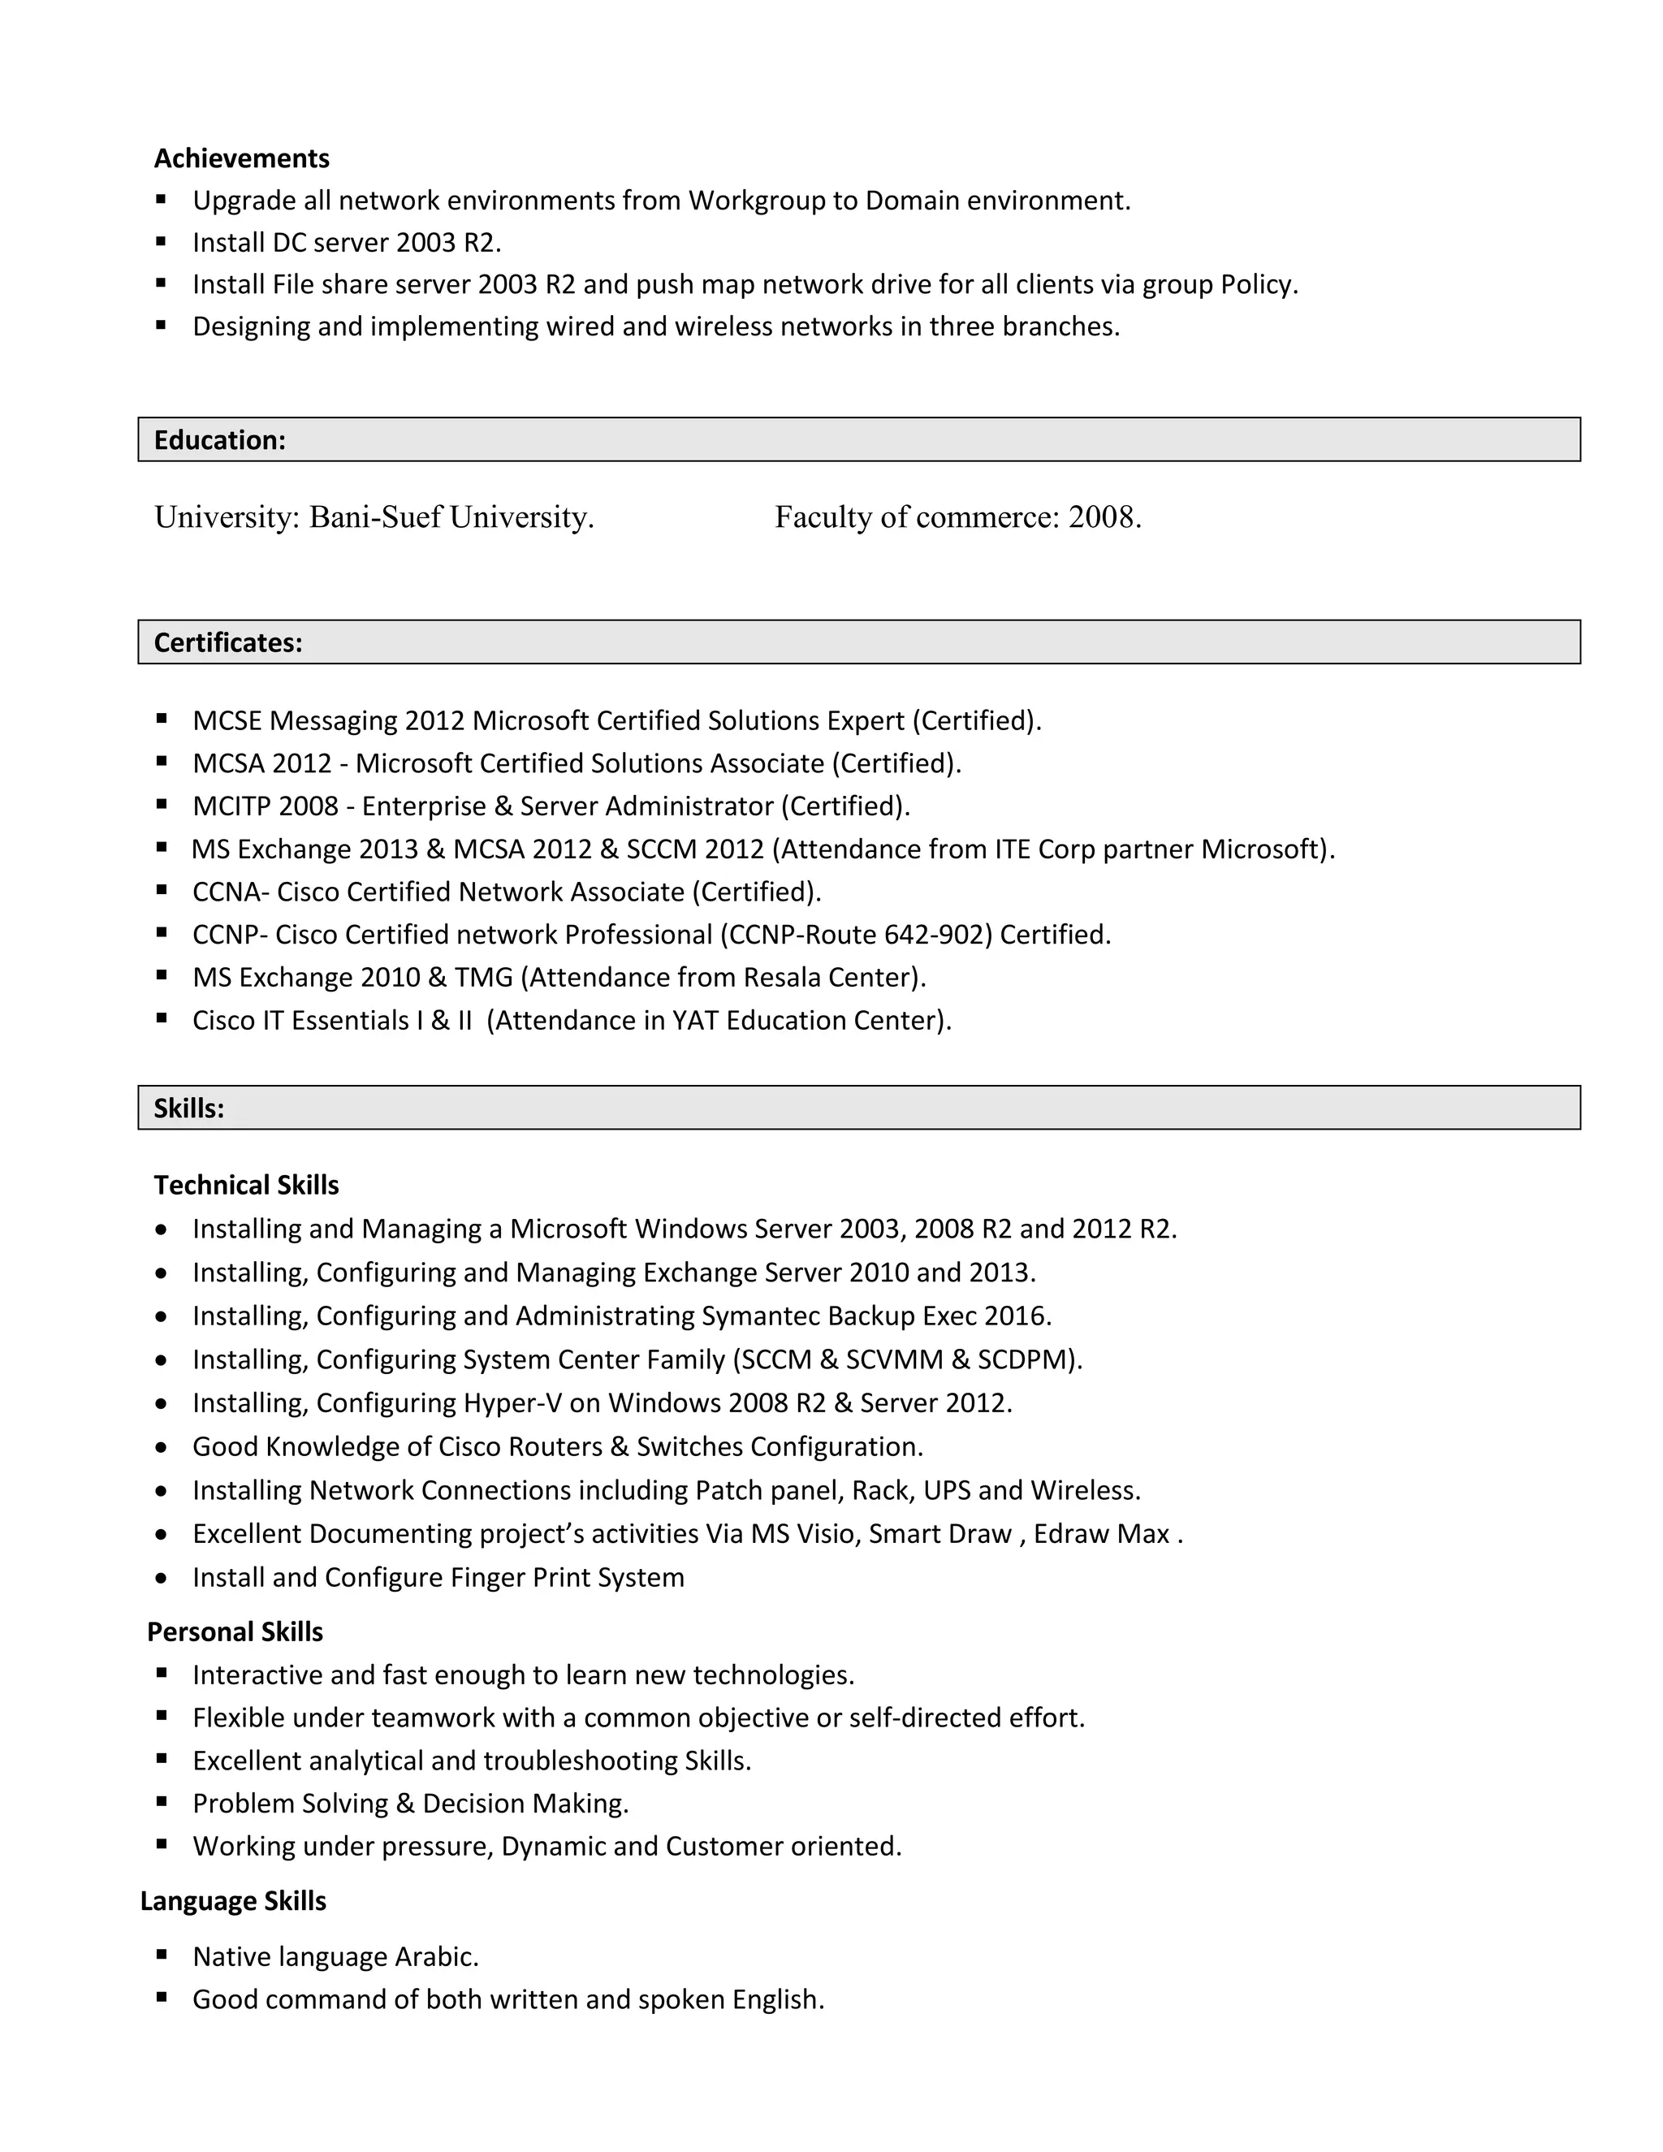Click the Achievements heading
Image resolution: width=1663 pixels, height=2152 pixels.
pyautogui.click(x=241, y=158)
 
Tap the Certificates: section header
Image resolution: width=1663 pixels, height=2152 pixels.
pyautogui.click(x=227, y=642)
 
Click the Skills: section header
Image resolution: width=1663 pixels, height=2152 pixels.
pyautogui.click(x=189, y=1108)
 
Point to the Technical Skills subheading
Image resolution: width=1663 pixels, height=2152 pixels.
pyautogui.click(x=246, y=1186)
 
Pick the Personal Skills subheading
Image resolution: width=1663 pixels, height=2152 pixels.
pyautogui.click(x=235, y=1631)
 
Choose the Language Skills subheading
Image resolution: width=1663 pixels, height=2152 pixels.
pyautogui.click(x=232, y=1901)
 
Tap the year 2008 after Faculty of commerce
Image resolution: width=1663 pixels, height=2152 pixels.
pyautogui.click(x=1104, y=517)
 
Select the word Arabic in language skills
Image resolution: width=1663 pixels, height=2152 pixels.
pyautogui.click(x=436, y=1957)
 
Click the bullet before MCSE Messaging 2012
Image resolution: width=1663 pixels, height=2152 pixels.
pyautogui.click(x=162, y=719)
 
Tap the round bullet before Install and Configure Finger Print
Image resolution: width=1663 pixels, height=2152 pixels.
pyautogui.click(x=162, y=1579)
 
